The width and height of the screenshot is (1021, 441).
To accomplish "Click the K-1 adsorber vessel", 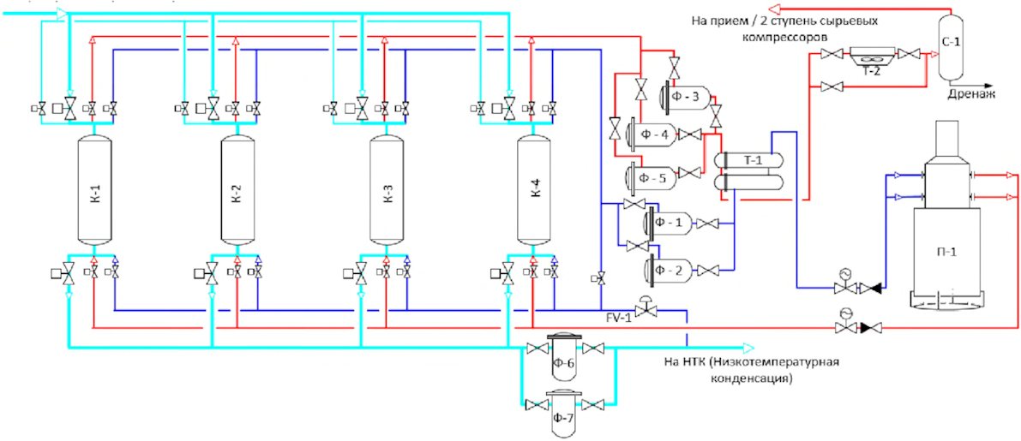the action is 93,188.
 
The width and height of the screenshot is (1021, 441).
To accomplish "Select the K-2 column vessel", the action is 237,188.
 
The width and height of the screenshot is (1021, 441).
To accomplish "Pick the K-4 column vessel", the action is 534,188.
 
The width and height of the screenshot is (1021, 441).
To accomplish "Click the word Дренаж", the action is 970,97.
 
